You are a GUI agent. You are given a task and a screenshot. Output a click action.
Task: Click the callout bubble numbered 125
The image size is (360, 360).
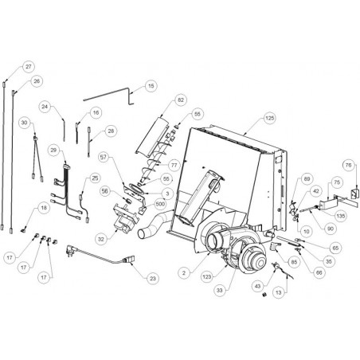[269, 118]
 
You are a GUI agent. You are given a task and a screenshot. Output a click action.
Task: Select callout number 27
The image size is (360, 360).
[29, 67]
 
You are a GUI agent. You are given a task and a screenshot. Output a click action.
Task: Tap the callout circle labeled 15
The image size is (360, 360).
[151, 86]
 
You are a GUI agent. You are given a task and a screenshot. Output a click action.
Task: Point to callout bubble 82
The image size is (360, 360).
[181, 100]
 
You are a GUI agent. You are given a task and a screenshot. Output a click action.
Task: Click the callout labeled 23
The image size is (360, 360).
[153, 279]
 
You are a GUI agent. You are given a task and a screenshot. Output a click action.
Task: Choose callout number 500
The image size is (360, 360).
[160, 204]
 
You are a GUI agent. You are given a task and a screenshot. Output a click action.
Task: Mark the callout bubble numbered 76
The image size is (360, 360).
[348, 165]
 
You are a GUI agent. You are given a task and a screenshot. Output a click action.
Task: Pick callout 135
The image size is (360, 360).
[341, 216]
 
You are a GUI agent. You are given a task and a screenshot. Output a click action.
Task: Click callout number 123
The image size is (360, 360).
[207, 277]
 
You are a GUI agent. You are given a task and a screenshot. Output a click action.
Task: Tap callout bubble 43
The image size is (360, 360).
[258, 286]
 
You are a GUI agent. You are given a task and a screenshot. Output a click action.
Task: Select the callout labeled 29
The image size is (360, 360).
[53, 151]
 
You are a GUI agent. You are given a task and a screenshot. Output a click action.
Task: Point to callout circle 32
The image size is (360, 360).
[101, 239]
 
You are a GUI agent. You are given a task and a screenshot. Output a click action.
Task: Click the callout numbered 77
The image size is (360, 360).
[174, 165]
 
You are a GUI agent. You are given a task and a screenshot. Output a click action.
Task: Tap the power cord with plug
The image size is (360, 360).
[100, 256]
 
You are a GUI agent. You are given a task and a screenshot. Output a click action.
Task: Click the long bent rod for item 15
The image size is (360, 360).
[109, 94]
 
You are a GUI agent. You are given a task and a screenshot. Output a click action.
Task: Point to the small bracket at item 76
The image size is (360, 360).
[354, 193]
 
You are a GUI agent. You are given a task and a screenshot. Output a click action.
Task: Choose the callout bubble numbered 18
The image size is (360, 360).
[44, 208]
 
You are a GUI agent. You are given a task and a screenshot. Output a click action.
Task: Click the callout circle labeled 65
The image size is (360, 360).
[335, 248]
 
